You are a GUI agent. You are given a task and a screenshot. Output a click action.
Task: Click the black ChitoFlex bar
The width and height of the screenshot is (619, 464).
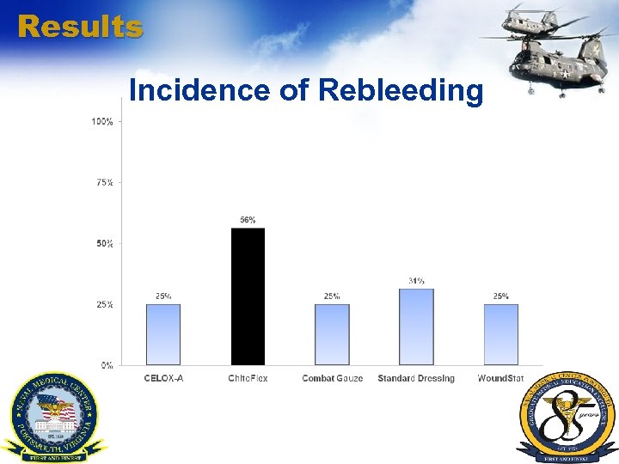coord(248,296)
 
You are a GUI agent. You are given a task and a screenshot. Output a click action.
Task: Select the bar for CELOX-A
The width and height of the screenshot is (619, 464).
coord(163,334)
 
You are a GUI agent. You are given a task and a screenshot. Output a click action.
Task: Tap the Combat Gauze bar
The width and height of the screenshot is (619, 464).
coord(332,334)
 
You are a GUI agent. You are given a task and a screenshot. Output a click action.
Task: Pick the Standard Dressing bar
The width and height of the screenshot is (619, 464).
coord(416,327)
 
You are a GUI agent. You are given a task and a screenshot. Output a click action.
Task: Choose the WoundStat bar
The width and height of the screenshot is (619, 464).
coord(501,334)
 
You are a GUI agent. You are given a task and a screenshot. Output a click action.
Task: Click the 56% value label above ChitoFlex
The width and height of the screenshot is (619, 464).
coord(248,221)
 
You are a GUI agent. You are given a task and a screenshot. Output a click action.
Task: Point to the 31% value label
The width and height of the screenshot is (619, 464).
coord(416,281)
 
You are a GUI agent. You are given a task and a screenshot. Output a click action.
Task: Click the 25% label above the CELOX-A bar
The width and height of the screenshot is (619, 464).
coord(163,296)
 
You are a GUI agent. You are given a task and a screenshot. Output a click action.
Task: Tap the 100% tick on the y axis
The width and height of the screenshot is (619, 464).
coord(102,122)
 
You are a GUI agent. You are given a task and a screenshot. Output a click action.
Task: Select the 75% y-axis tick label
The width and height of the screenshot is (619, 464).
coord(103,183)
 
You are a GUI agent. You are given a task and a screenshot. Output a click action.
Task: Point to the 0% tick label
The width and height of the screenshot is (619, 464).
coord(107,365)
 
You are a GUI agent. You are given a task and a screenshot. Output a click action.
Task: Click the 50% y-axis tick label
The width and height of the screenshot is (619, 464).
coord(103,244)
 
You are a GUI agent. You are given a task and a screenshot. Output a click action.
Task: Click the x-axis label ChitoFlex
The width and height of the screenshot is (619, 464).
coord(248,378)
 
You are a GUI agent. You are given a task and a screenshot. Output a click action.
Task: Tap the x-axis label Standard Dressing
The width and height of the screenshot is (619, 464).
coord(416,378)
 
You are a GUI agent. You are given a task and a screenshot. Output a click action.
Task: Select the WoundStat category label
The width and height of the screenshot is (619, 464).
coord(501,378)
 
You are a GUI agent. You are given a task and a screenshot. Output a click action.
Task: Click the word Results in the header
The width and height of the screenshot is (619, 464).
coord(80,27)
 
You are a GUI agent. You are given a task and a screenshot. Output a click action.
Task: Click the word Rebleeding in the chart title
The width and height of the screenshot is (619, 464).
coord(401,89)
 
